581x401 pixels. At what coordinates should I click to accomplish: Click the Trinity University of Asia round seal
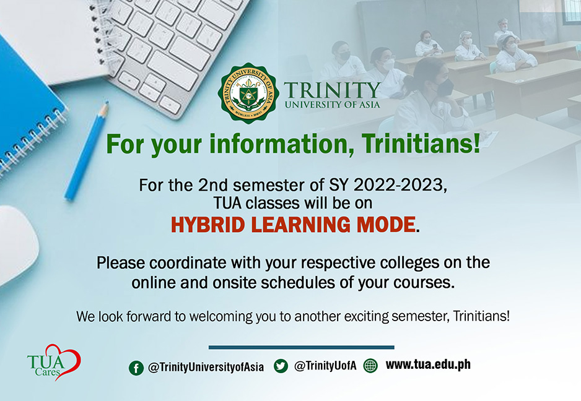coord(248,93)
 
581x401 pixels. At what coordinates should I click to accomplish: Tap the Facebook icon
coord(136,368)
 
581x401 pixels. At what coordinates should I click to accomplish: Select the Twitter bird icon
coord(281,366)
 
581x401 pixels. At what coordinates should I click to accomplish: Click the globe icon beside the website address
coord(370,366)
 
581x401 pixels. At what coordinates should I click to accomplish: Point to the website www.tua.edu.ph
coord(427,364)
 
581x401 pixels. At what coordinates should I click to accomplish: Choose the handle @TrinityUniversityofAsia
coord(206,368)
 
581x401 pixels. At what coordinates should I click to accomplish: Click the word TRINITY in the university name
coord(331,90)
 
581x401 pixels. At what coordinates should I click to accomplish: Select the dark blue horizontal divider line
coord(301,347)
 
